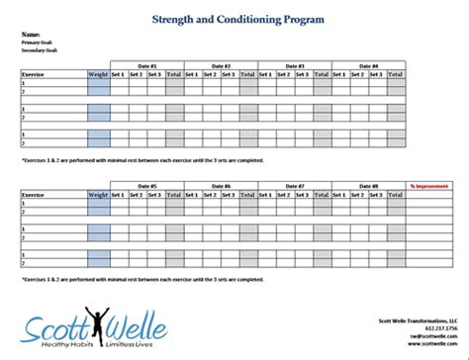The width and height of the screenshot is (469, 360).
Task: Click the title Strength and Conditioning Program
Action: point(234,18)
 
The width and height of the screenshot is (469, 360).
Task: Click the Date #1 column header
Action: point(146,66)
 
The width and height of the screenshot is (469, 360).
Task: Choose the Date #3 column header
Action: point(295,66)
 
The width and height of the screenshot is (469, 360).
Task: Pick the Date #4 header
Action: point(368,66)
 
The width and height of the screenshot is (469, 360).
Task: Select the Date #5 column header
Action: point(146,186)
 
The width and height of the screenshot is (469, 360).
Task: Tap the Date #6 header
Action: point(221,186)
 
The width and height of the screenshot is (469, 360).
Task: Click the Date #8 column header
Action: point(368,186)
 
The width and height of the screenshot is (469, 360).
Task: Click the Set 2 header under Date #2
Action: point(210,74)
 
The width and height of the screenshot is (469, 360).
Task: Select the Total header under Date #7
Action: point(323,194)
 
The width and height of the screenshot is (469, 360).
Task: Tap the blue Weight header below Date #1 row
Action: point(98,74)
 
